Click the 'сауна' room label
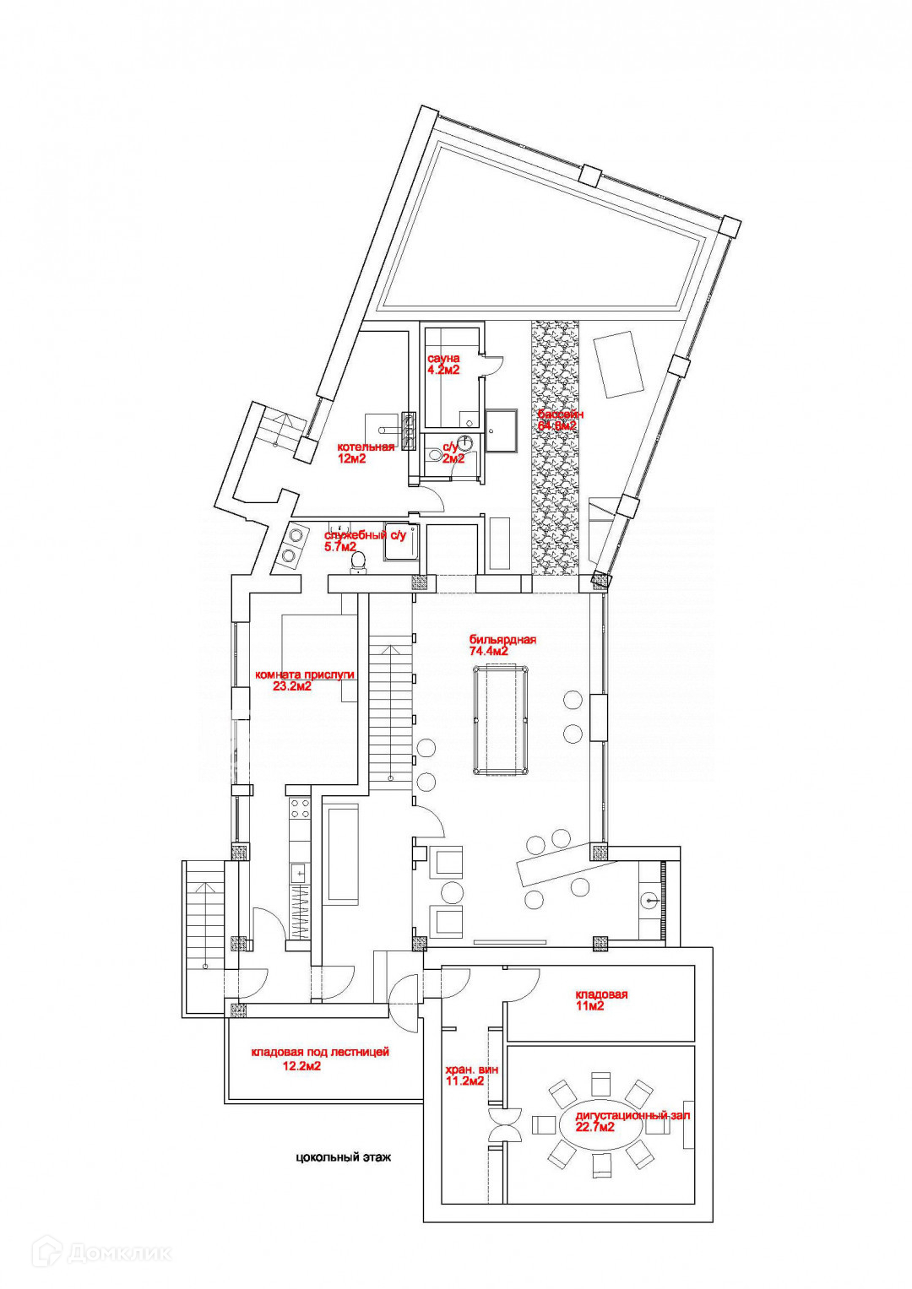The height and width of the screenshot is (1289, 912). [x=443, y=358]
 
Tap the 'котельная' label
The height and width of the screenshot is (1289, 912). [x=366, y=447]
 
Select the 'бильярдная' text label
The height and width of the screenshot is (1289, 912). [x=502, y=640]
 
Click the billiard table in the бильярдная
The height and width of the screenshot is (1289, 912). [x=501, y=719]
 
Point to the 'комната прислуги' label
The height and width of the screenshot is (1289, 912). [x=305, y=674]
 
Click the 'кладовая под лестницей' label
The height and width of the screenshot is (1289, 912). [x=320, y=1053]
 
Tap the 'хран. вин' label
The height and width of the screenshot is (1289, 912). [x=471, y=1069]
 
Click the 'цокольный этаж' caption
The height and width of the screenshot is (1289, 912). [x=344, y=1157]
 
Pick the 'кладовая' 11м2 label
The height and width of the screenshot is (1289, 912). [x=601, y=994]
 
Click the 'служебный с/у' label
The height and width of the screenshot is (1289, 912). [x=365, y=535]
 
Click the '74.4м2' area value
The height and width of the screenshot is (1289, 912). [x=489, y=652]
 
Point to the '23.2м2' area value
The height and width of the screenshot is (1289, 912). [x=292, y=686]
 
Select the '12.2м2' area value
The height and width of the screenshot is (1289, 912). [x=301, y=1065]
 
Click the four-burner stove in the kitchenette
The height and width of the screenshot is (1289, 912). [x=300, y=809]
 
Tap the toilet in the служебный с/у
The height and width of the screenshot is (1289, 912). [x=358, y=561]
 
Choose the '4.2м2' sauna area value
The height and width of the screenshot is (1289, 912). [x=443, y=370]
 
